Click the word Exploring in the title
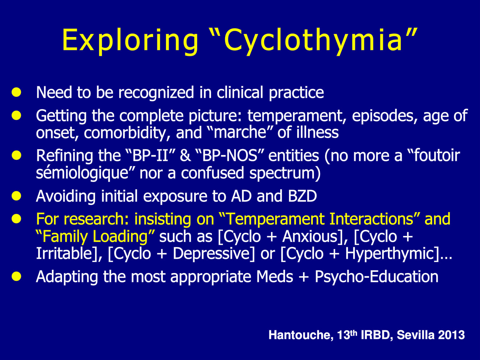pos(131,41)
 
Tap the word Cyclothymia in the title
pos(313,41)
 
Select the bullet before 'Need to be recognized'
pos(16,92)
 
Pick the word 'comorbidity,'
pos(127,133)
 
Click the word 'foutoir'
pos(437,155)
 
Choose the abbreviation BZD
pos(302,196)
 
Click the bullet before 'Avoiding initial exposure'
pos(16,196)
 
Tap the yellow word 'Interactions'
pos(371,219)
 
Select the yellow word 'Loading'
pos(120,237)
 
